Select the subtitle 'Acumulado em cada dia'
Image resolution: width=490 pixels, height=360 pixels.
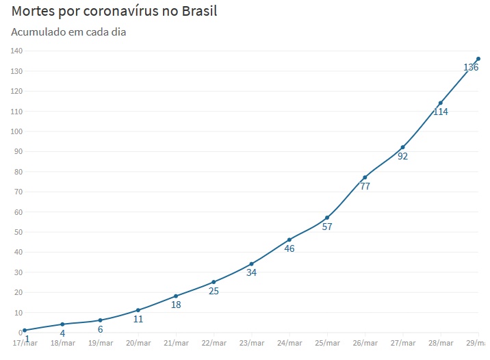click(68, 32)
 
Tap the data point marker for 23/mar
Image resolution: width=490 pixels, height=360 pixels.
click(251, 263)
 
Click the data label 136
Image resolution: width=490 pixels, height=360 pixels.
click(471, 67)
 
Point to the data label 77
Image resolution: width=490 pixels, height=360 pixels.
click(365, 186)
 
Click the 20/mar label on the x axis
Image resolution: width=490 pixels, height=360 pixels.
click(138, 343)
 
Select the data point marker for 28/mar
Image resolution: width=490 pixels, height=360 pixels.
click(441, 103)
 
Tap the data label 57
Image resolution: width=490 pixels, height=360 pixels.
click(327, 227)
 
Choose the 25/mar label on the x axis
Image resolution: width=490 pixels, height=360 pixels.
click(327, 343)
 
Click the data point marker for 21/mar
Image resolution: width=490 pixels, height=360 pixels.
click(176, 296)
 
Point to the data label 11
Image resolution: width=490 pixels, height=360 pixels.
click(138, 319)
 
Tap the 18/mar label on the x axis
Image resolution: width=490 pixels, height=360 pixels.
click(62, 343)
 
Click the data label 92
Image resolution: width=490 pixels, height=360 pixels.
click(402, 156)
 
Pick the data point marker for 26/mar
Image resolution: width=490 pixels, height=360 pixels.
click(365, 177)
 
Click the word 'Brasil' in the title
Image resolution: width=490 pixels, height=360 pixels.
click(196, 12)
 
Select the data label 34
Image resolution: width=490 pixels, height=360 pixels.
click(251, 272)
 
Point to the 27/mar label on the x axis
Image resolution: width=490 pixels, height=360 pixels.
click(402, 343)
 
